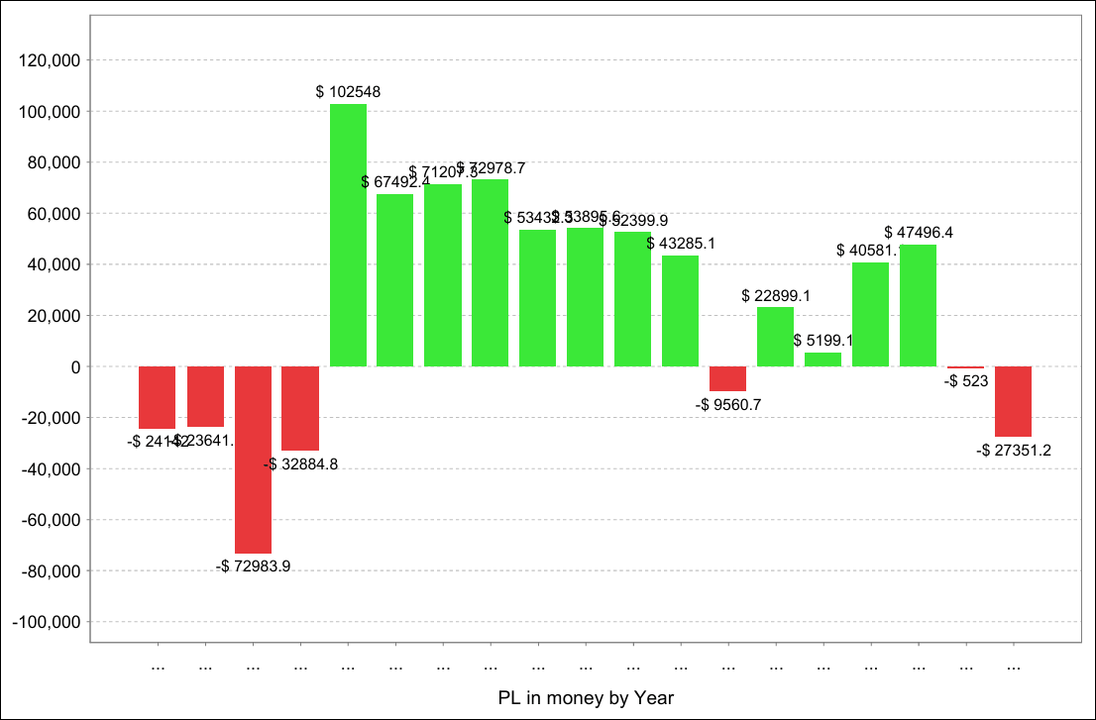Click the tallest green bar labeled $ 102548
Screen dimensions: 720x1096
click(x=348, y=235)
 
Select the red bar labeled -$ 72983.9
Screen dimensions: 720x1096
click(x=253, y=460)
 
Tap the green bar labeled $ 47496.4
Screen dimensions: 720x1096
click(x=918, y=305)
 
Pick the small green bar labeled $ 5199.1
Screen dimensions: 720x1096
click(x=822, y=360)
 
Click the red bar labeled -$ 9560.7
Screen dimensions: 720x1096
click(x=727, y=378)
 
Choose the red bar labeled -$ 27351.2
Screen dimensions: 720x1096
click(x=1013, y=401)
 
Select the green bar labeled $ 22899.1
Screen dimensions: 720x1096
click(x=775, y=337)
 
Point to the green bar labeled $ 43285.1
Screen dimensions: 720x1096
click(x=680, y=311)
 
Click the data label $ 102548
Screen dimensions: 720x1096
click(x=348, y=92)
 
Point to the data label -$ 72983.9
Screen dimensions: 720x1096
click(x=254, y=566)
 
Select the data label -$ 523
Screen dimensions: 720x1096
click(x=966, y=380)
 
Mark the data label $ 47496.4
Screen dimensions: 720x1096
click(x=919, y=233)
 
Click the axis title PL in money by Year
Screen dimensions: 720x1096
click(x=586, y=698)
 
